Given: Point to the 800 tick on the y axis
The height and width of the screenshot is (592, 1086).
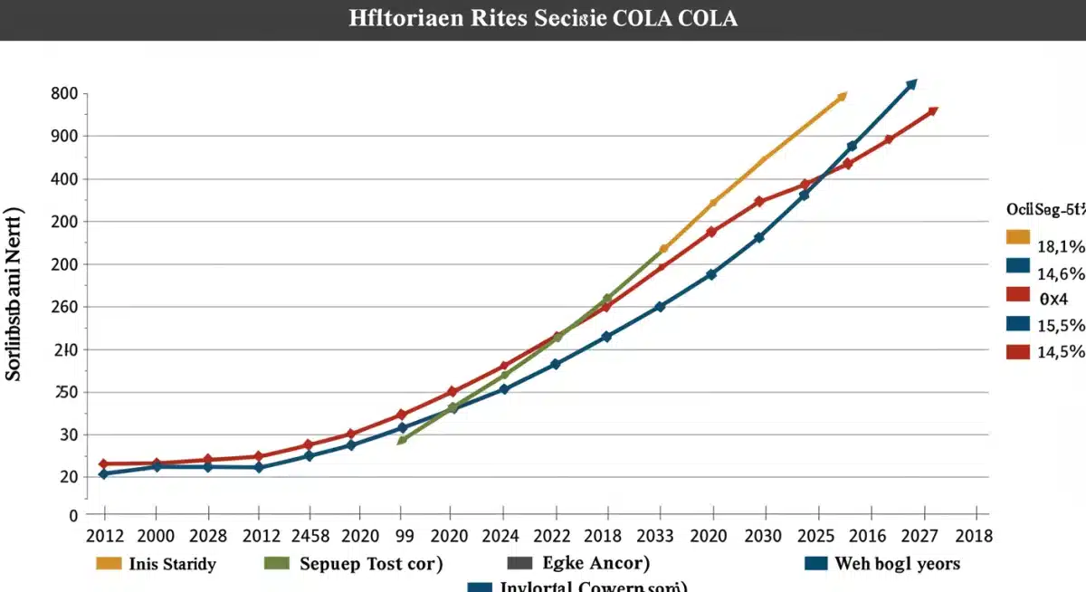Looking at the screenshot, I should click(x=64, y=93).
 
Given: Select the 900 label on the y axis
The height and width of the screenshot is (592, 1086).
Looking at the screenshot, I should click(x=64, y=136).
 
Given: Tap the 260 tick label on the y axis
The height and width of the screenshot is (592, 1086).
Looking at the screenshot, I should click(x=64, y=307).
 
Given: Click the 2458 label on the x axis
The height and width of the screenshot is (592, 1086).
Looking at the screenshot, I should click(x=310, y=536).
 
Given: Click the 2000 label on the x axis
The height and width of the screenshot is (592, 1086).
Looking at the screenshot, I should click(x=155, y=536).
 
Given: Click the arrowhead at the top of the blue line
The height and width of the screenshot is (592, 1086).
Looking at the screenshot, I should click(x=911, y=84).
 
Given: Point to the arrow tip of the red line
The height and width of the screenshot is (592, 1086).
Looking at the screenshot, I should click(x=932, y=111).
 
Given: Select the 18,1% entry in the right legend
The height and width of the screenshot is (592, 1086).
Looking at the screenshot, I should click(x=1060, y=246).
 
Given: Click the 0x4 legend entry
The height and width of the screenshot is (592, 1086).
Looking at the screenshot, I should click(x=1053, y=298).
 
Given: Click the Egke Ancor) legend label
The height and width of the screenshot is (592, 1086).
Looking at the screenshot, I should click(x=596, y=564).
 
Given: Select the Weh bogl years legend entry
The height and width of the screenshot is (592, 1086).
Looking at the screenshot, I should click(x=897, y=564).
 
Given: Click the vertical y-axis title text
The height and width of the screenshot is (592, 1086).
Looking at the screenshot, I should click(x=15, y=307).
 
